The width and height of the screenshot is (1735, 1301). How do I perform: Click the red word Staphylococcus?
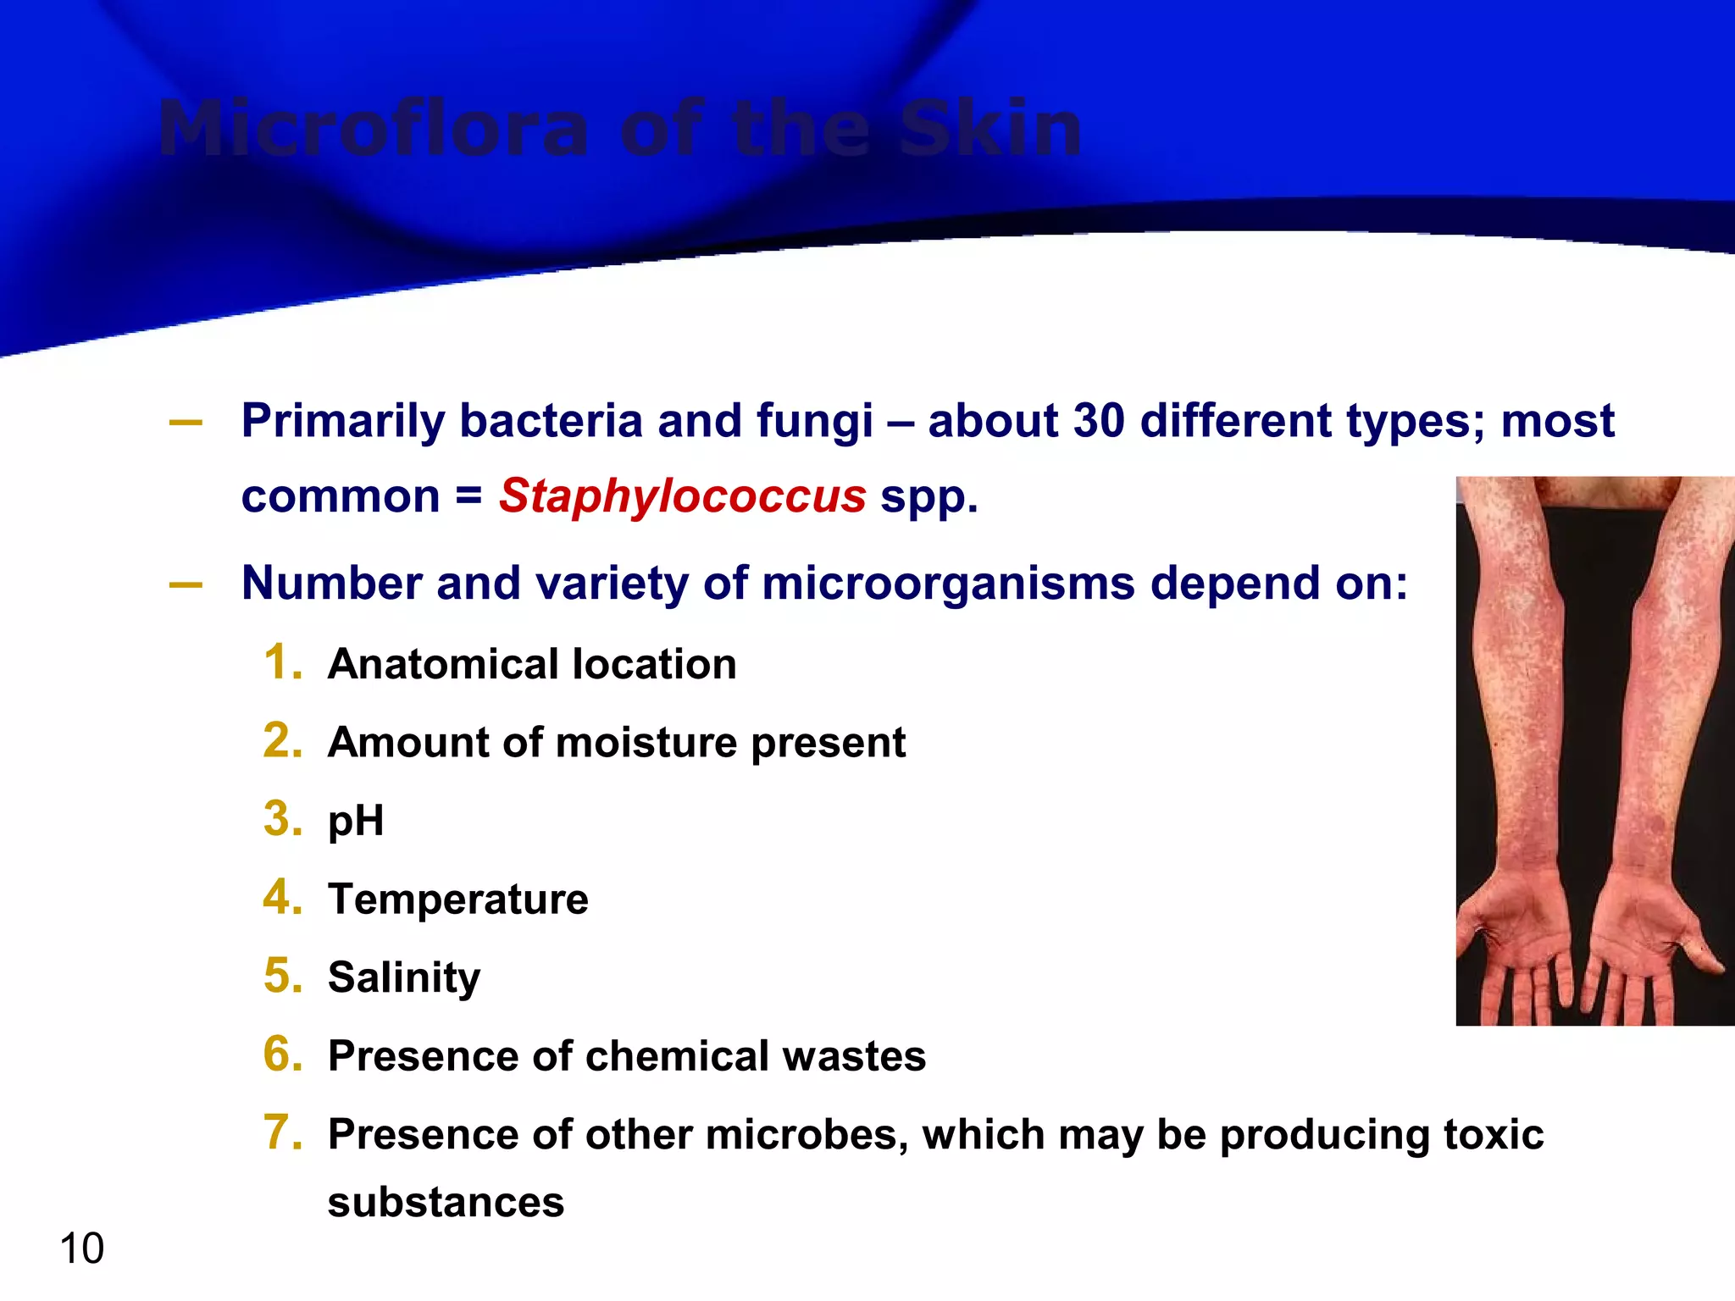coord(682,496)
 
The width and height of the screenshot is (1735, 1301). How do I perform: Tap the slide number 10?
coord(82,1248)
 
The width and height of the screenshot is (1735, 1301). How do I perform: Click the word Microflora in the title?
coord(373,130)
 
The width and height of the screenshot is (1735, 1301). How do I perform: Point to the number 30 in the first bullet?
coord(1098,421)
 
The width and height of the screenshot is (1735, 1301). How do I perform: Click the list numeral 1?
coord(282,662)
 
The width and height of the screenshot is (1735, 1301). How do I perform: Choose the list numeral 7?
coord(282,1132)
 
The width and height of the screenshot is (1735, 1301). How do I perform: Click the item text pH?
coord(356,822)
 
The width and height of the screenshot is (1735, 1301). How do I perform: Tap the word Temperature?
coord(457,900)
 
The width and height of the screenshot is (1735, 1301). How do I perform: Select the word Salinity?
coord(404,978)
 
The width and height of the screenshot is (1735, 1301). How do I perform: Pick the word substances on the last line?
coord(446,1203)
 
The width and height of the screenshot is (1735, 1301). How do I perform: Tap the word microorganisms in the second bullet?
coord(948,584)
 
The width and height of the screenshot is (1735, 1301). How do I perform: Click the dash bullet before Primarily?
coord(186,422)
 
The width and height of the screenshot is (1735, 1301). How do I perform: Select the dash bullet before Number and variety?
coord(186,584)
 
